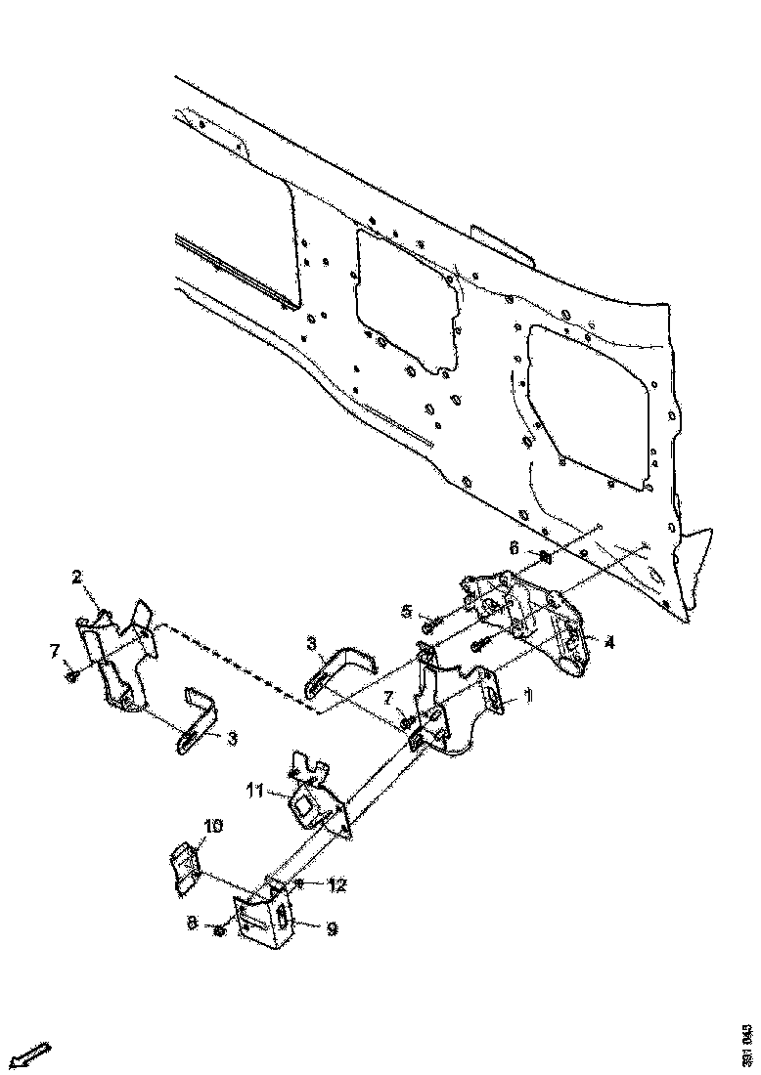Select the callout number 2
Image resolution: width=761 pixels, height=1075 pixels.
[77, 576]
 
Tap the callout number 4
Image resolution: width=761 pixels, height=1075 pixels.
[608, 643]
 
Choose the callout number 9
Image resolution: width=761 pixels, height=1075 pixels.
[332, 929]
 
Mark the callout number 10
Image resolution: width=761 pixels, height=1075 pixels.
[212, 826]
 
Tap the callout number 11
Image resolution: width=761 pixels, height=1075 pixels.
[254, 790]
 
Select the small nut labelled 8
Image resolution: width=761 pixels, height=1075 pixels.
[220, 928]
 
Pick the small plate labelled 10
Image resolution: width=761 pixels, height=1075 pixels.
[183, 869]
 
